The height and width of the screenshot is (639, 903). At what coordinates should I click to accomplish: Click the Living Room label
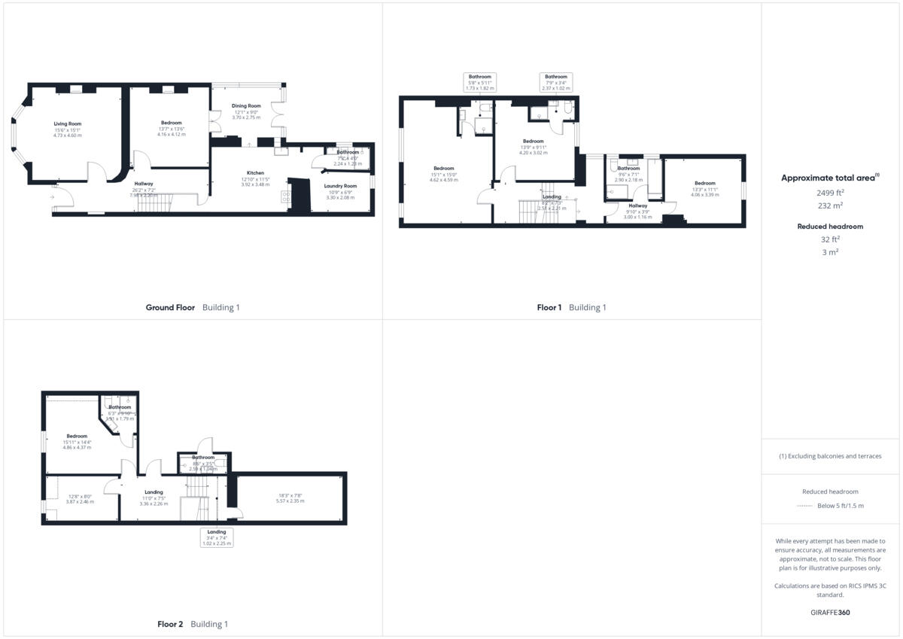[67, 123]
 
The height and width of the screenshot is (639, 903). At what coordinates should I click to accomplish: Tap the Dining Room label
[246, 106]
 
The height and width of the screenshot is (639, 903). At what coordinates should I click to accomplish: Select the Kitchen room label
[255, 173]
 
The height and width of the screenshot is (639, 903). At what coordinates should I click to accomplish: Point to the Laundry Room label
[340, 186]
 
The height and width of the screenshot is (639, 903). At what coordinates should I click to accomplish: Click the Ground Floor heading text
[170, 307]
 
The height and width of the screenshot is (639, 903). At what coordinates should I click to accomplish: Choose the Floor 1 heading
[549, 307]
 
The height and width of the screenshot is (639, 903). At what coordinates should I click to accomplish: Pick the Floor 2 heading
[170, 624]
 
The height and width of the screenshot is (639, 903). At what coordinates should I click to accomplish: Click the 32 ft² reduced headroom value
[830, 239]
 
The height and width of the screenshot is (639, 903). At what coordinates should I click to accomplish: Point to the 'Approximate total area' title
[828, 178]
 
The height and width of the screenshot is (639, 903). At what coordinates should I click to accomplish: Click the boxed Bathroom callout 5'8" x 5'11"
[480, 82]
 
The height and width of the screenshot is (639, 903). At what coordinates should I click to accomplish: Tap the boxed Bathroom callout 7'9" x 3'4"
[556, 82]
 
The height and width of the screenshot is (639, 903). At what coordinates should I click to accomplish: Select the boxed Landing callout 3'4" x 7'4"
[216, 536]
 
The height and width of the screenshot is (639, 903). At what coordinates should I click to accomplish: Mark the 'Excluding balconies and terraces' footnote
[830, 456]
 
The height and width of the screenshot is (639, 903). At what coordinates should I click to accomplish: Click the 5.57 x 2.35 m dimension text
[290, 501]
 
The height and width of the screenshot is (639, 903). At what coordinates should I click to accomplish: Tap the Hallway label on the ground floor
[144, 184]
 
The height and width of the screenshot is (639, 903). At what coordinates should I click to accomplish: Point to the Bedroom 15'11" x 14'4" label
[77, 436]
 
